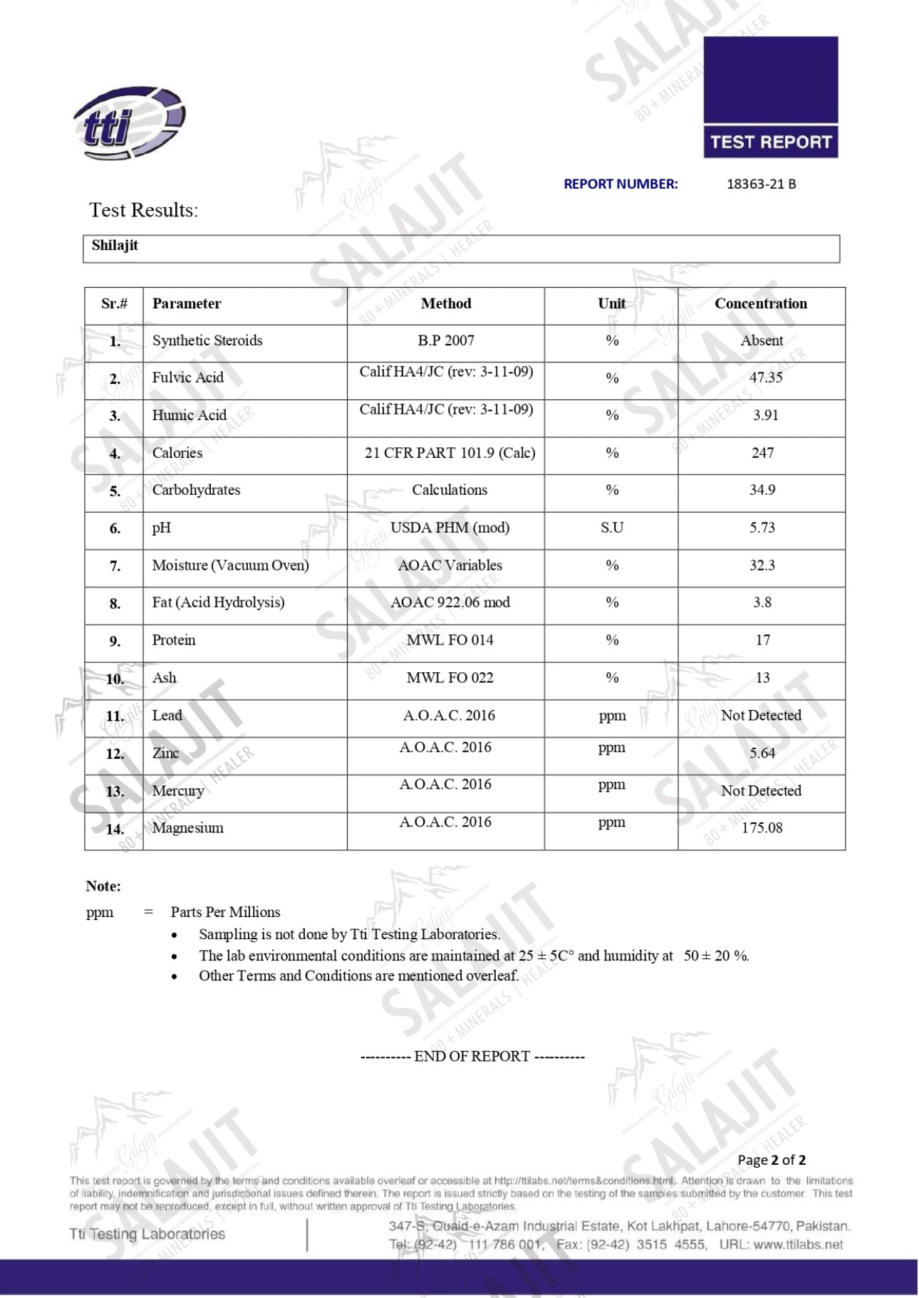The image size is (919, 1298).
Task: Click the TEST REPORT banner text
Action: [770, 142]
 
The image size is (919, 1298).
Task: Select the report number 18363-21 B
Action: [761, 184]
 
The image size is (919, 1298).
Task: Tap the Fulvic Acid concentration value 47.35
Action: [765, 377]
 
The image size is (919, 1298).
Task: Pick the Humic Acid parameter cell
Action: [189, 415]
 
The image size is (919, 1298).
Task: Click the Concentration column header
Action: [760, 303]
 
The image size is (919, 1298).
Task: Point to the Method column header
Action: [446, 303]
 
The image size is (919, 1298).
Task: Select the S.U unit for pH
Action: [611, 528]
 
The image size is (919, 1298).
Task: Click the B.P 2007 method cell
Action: [446, 340]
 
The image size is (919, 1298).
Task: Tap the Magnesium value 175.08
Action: [762, 827]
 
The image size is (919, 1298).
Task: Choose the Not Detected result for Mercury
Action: [761, 790]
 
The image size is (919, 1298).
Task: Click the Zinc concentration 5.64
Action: [762, 753]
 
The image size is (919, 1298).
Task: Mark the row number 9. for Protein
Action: [115, 642]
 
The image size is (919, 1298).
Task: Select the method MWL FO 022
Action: [450, 677]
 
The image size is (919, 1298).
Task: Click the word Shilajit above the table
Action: [115, 246]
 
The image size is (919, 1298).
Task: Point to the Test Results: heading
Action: [143, 210]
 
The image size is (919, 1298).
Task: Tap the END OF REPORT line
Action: [472, 1056]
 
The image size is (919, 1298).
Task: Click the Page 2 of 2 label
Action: [772, 1160]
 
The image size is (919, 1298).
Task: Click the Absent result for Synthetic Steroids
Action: [761, 340]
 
